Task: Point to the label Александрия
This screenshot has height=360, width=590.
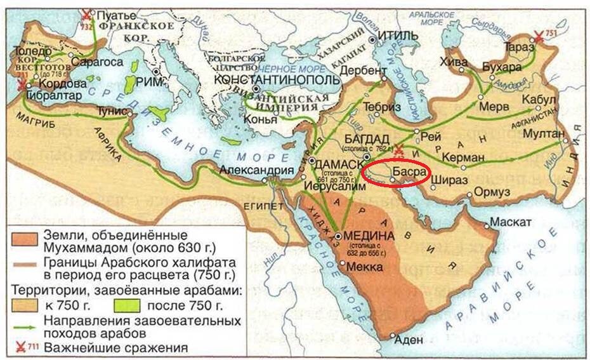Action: (257, 170)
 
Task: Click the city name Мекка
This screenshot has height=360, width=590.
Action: (364, 269)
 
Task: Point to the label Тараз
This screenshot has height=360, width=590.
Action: (516, 47)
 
